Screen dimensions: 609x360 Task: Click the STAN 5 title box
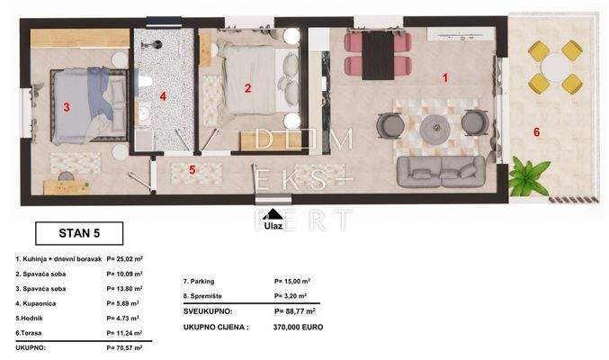point(79,233)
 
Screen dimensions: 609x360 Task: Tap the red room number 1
point(445,77)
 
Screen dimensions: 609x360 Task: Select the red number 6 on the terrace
point(536,132)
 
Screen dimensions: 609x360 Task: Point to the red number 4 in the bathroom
point(163,96)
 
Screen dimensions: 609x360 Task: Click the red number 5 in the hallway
point(192,170)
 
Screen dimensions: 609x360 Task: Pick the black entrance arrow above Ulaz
point(273,214)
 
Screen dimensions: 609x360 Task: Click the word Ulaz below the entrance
point(273,226)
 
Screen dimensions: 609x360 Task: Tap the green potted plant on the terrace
point(529,177)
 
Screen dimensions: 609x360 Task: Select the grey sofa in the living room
point(441,172)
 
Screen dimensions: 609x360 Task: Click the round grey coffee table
point(435,128)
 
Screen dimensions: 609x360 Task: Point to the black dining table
point(379,56)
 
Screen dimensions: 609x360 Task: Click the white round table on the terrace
point(555,67)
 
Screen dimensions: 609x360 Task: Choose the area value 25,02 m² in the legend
point(125,258)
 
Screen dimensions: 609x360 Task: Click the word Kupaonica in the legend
point(39,303)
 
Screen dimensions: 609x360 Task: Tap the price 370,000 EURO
point(298,328)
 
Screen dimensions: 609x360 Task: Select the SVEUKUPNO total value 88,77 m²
point(295,311)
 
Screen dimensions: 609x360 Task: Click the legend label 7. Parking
point(199,281)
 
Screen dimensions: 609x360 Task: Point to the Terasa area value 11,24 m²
point(124,333)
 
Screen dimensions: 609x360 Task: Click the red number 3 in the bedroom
point(67,107)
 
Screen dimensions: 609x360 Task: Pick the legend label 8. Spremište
point(202,296)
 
